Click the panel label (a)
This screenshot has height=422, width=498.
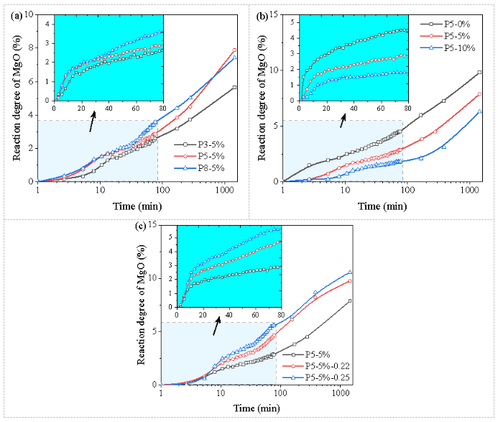(x=11, y=11)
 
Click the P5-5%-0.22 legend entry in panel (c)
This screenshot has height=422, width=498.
(x=324, y=366)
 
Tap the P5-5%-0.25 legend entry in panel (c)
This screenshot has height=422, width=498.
(x=324, y=378)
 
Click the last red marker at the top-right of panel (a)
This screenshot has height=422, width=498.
(x=234, y=50)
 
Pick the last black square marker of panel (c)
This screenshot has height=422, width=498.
(x=349, y=301)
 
